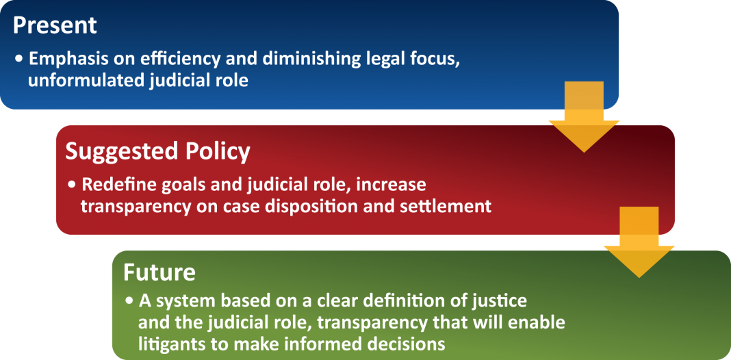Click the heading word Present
[x=55, y=25]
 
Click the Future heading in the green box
[x=159, y=273]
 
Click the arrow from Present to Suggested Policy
[x=584, y=116]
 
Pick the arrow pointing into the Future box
[x=639, y=242]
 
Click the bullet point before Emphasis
[x=19, y=60]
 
